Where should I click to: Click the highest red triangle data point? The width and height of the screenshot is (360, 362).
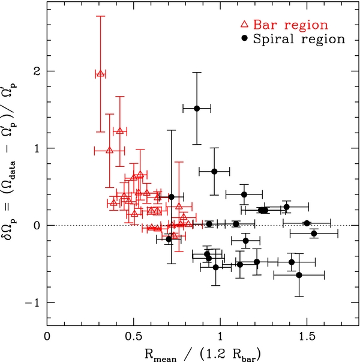coord(100,74)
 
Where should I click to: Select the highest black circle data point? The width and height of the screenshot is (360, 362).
coord(197,108)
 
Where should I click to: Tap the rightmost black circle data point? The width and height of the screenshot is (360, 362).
coord(314,234)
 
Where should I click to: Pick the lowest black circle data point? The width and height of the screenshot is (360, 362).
coord(299,275)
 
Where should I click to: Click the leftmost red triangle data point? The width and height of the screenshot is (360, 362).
coord(100,74)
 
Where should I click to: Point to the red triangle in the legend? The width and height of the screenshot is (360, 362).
coord(244,24)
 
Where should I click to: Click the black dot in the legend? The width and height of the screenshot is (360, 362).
coord(244,38)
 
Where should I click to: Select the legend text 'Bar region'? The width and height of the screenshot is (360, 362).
coord(290,25)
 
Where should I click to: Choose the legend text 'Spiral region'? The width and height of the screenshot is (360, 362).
coord(299,39)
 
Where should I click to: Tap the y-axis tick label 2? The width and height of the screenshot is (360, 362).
coord(38,71)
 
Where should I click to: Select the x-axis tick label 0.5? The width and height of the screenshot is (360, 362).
coord(134,337)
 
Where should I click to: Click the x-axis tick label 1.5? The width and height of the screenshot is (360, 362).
coord(307,337)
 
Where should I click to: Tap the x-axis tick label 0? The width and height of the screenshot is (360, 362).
coord(47,337)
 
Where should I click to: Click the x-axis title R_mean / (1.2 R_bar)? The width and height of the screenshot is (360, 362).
coord(203,354)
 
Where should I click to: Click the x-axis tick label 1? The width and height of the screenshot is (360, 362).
coord(220,337)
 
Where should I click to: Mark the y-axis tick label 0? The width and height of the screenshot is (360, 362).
coord(38,226)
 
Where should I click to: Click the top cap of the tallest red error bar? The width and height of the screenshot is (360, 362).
coord(100,16)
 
